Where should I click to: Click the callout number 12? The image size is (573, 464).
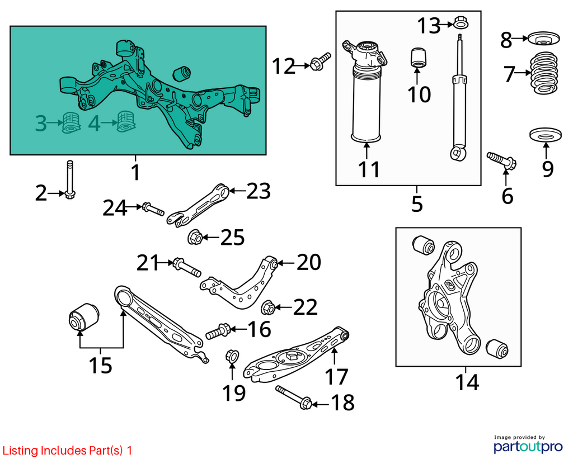tap(283, 67)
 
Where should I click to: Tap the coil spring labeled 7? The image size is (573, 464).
tap(544, 73)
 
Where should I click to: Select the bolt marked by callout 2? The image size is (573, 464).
tap(69, 179)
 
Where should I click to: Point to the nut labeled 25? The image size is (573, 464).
tap(195, 237)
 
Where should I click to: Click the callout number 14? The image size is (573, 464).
tap(467, 382)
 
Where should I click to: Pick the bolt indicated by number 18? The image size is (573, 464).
tap(294, 397)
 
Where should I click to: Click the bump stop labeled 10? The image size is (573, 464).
tap(420, 58)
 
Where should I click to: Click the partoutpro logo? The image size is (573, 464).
tap(528, 446)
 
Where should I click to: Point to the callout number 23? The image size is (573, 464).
tap(259, 191)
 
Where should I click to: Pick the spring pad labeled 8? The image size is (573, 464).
tap(544, 39)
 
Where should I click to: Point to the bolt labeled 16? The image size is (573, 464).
tap(218, 331)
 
